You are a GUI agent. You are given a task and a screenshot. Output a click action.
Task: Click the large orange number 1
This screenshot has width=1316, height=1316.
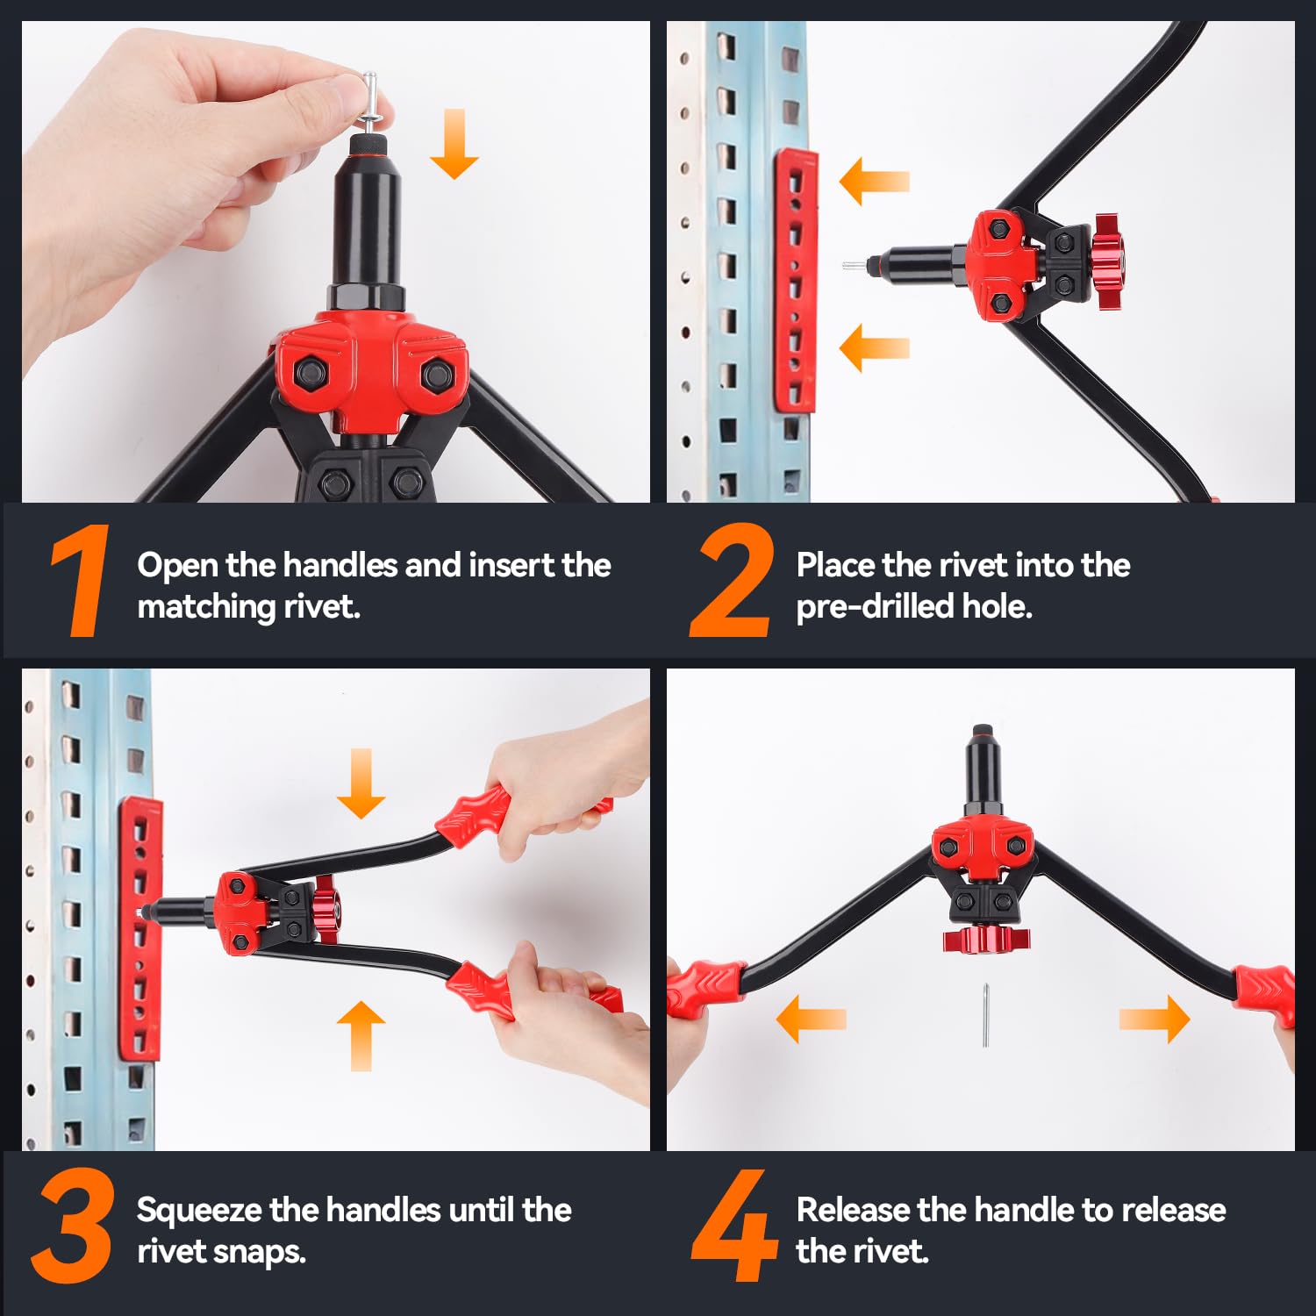coord(81,581)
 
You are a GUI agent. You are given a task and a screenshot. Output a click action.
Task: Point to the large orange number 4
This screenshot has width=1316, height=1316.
coord(733,1226)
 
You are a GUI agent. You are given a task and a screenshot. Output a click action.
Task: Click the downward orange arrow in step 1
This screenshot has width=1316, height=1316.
coord(454,144)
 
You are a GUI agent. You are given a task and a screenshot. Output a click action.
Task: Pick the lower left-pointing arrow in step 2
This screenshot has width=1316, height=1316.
coord(874,347)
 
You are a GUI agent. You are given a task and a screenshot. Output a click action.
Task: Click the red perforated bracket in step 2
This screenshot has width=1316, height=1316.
coord(795,281)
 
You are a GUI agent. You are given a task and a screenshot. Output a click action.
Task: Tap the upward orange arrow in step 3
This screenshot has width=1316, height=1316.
coord(361,1036)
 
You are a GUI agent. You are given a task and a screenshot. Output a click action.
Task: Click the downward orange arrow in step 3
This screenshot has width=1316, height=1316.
coord(361,783)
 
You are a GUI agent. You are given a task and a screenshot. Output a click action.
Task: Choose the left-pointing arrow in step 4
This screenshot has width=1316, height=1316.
coord(812,1019)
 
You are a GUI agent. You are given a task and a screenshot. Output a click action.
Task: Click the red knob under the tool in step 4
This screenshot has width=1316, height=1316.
coord(986,940)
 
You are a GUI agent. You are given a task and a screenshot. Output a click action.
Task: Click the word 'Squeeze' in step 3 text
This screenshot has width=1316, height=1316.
coord(199,1211)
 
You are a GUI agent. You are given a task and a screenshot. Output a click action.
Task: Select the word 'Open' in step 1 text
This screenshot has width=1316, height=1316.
coord(177,566)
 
